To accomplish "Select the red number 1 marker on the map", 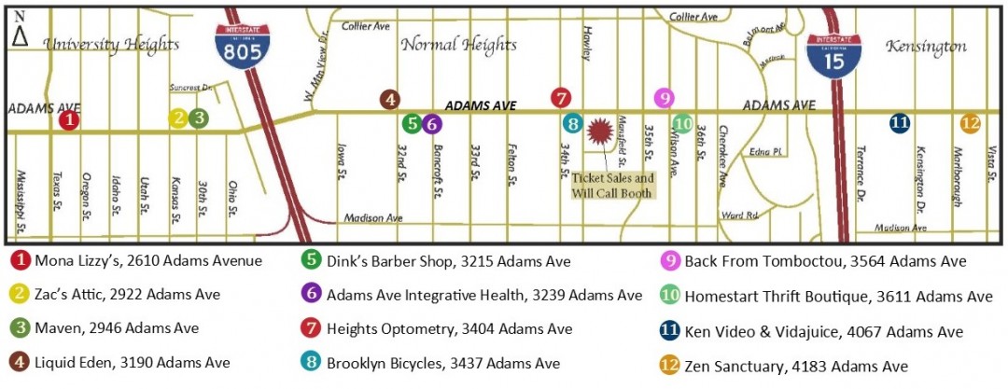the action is click(68, 119).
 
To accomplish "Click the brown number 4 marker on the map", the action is click(390, 99).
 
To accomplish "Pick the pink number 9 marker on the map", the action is click(663, 98).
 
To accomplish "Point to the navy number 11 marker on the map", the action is click(899, 122).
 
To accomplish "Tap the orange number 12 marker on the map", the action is click(971, 123).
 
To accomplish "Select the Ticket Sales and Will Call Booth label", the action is click(612, 185).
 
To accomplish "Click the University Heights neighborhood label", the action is click(111, 44).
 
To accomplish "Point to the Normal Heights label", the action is click(458, 44).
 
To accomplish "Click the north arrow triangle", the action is click(20, 36).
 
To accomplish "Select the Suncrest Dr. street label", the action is click(192, 88).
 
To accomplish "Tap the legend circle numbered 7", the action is click(312, 329).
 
